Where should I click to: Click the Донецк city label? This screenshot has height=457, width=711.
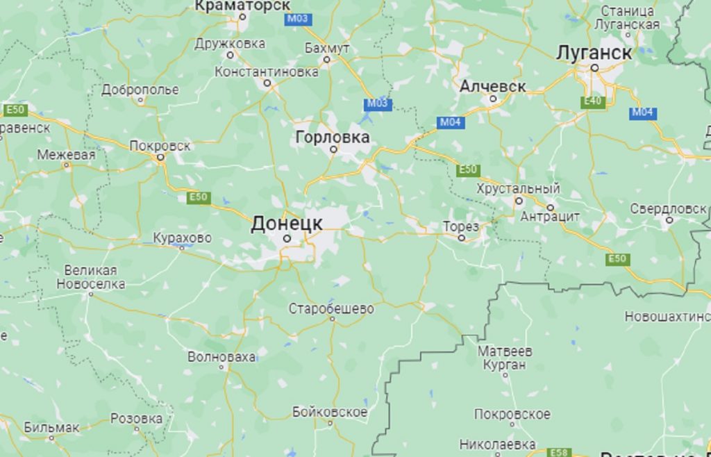286,223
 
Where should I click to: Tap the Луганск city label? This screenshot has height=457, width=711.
594,53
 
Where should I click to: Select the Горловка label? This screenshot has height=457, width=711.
333,137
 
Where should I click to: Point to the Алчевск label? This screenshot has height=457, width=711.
493,87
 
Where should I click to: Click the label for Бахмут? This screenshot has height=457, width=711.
327,48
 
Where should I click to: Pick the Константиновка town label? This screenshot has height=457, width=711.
267,72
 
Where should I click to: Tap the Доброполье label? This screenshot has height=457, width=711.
140,90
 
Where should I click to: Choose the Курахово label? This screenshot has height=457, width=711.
182,238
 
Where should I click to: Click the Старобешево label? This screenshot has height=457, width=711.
331,308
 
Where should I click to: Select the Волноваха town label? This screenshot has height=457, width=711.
221,357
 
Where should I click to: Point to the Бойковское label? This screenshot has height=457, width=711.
330,412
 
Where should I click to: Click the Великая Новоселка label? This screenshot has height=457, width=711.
90,277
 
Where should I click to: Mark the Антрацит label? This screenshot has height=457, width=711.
550,217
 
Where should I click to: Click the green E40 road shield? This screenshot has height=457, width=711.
593,102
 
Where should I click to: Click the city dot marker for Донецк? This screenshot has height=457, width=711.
286,238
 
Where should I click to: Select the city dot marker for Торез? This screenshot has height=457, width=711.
462,238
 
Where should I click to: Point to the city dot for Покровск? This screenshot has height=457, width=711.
160,157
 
